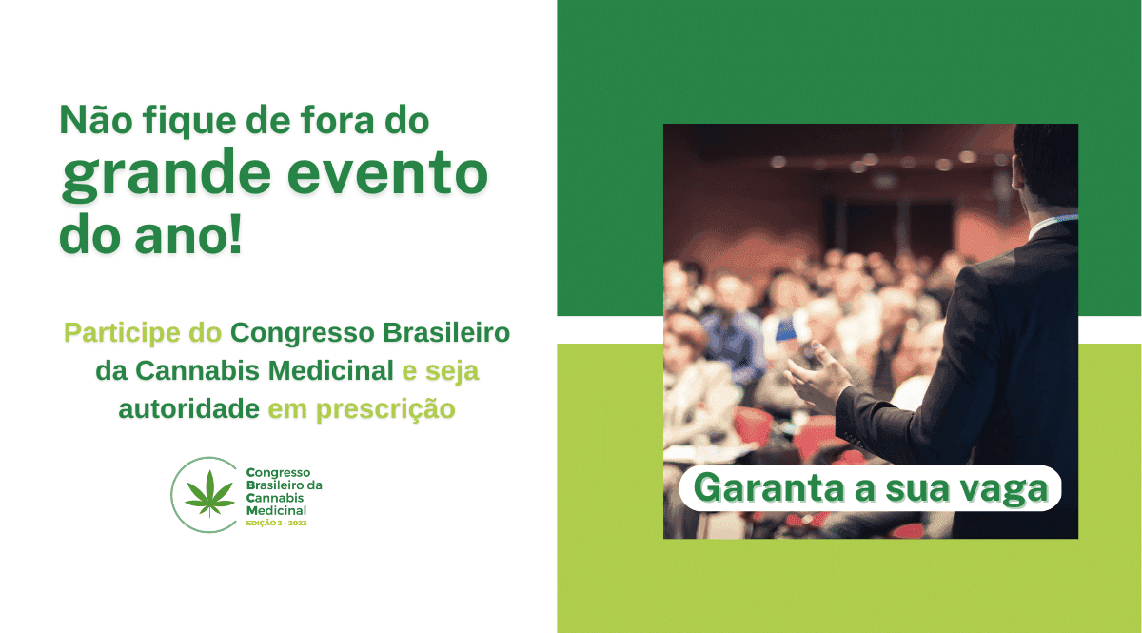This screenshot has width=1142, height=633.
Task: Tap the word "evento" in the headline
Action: (387, 173)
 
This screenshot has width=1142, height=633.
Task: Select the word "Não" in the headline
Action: (96, 119)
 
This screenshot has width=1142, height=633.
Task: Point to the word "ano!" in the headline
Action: (188, 235)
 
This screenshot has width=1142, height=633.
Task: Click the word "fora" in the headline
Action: (337, 119)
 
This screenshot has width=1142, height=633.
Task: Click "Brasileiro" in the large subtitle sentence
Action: (446, 332)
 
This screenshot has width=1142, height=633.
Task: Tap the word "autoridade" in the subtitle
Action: (188, 408)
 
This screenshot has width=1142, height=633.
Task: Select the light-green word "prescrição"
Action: (385, 410)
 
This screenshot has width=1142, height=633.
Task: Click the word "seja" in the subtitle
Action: (452, 371)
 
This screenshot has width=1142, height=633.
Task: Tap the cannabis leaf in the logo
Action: (209, 493)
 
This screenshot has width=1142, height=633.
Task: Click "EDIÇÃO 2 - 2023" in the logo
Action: (276, 523)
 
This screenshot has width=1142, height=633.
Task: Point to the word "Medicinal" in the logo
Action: (276, 510)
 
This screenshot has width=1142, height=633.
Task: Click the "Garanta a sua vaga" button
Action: (870, 488)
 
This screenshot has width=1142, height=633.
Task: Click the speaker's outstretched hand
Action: (817, 376)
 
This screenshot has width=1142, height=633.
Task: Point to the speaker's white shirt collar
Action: (1052, 225)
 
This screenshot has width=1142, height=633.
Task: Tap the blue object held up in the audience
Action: (787, 329)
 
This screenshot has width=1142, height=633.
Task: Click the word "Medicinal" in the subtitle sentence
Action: (330, 371)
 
